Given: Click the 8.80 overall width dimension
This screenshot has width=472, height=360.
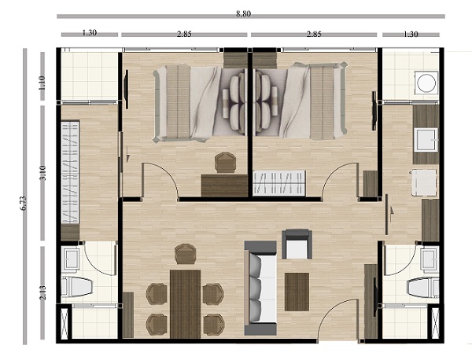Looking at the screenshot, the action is pyautogui.click(x=243, y=14).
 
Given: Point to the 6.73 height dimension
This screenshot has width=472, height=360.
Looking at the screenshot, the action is pyautogui.click(x=24, y=204).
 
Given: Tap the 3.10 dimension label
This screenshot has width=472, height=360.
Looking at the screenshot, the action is pyautogui.click(x=42, y=173).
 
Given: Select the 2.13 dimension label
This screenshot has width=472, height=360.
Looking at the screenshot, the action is pyautogui.click(x=42, y=292).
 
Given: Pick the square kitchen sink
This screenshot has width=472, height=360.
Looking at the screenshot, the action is pyautogui.click(x=426, y=140).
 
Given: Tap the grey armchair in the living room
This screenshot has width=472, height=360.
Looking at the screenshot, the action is pyautogui.click(x=297, y=244).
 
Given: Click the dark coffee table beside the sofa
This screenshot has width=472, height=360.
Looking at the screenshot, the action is pyautogui.click(x=297, y=292).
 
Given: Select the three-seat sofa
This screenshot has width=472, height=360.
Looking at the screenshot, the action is pyautogui.click(x=260, y=288).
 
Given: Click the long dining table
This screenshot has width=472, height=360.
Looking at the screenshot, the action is pyautogui.click(x=186, y=303).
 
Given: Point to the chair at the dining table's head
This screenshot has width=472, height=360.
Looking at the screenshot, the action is pyautogui.click(x=186, y=254).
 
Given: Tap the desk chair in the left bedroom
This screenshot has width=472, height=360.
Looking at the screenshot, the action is pyautogui.click(x=225, y=163).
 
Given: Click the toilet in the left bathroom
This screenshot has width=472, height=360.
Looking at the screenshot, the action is pyautogui.click(x=76, y=286).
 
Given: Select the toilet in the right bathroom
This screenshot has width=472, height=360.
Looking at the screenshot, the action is pyautogui.click(x=423, y=288).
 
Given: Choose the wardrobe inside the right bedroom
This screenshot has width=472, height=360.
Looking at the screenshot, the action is pyautogui.click(x=279, y=182).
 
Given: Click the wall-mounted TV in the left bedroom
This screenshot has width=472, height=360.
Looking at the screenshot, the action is pyautogui.click(x=127, y=90).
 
